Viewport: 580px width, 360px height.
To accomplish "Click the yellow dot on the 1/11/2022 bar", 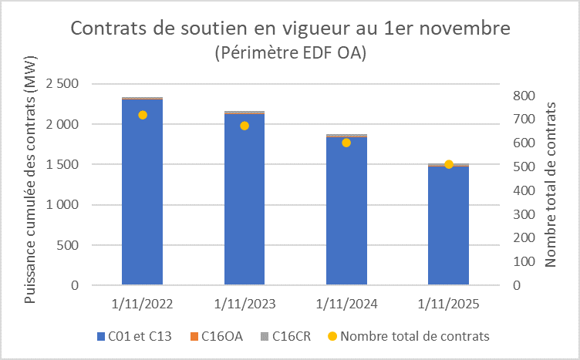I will (142, 115).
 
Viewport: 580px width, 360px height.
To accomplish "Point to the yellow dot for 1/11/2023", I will (244, 126).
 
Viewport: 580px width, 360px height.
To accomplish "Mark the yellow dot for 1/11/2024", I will (346, 143).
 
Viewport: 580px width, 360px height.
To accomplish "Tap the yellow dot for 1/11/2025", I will (449, 164).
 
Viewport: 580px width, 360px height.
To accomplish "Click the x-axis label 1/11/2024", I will (346, 304).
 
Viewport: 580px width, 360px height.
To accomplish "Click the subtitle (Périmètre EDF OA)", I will (289, 53).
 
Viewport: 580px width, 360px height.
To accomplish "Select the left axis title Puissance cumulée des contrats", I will (30, 179).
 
